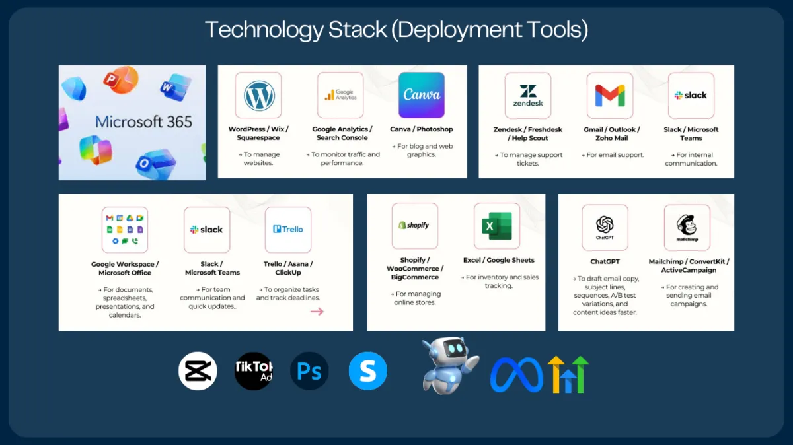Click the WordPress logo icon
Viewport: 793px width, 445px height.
(x=258, y=96)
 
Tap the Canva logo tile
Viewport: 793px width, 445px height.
(x=421, y=95)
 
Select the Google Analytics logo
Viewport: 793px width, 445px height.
(x=340, y=95)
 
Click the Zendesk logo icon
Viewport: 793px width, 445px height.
(x=527, y=96)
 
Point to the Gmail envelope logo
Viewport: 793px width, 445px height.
(x=609, y=96)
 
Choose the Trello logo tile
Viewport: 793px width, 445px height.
(x=287, y=230)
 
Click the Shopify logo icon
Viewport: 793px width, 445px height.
(x=414, y=226)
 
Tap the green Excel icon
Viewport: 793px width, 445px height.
(x=496, y=226)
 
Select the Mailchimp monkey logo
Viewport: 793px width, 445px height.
(x=687, y=227)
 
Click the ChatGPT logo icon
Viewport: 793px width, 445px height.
(x=605, y=227)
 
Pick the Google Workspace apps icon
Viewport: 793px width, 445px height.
(x=124, y=230)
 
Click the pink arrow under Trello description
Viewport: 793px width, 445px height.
(x=317, y=311)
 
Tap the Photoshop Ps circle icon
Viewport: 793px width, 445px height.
(x=309, y=371)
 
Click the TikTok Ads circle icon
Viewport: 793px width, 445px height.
(x=254, y=371)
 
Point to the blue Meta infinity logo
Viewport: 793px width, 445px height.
(x=516, y=374)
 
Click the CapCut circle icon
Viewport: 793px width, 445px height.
(x=198, y=371)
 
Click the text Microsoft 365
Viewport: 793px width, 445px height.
(x=143, y=122)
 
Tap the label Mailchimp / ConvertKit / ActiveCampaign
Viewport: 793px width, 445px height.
(x=689, y=266)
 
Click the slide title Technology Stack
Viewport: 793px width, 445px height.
(x=396, y=30)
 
